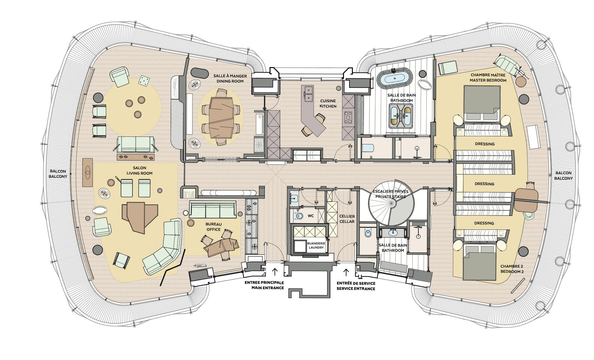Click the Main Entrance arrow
click(275, 272)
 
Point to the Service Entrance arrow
click(346, 272)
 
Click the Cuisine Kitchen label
click(328, 103)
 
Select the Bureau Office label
click(213, 227)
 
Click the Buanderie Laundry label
click(316, 245)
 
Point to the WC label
click(311, 216)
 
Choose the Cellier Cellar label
click(347, 219)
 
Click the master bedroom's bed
click(482, 104)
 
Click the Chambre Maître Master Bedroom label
click(488, 78)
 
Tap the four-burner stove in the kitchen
click(348, 117)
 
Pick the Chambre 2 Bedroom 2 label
click(512, 269)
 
